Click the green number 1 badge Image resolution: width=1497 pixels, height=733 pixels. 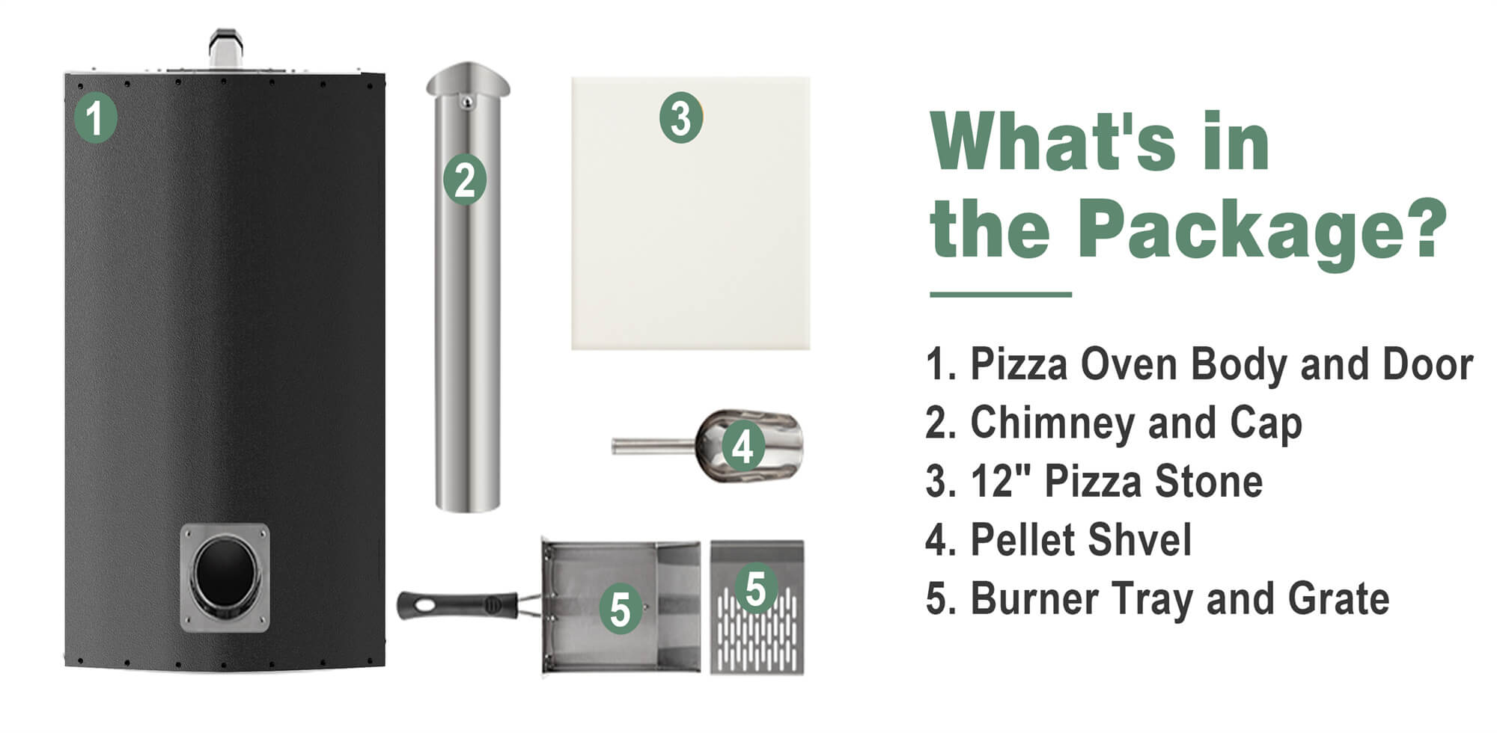(95, 117)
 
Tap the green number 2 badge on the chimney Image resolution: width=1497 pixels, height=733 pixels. (465, 180)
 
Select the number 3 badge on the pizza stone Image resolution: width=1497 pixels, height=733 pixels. (680, 118)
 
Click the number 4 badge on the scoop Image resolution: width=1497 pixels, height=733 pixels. (743, 447)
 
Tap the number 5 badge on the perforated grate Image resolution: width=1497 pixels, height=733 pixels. (756, 588)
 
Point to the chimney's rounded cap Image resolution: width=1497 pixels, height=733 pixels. (468, 79)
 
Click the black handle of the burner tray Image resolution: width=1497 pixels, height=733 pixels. (457, 604)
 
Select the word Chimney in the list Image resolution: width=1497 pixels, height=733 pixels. (1054, 423)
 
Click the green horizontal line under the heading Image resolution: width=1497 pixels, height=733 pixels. (1000, 295)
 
